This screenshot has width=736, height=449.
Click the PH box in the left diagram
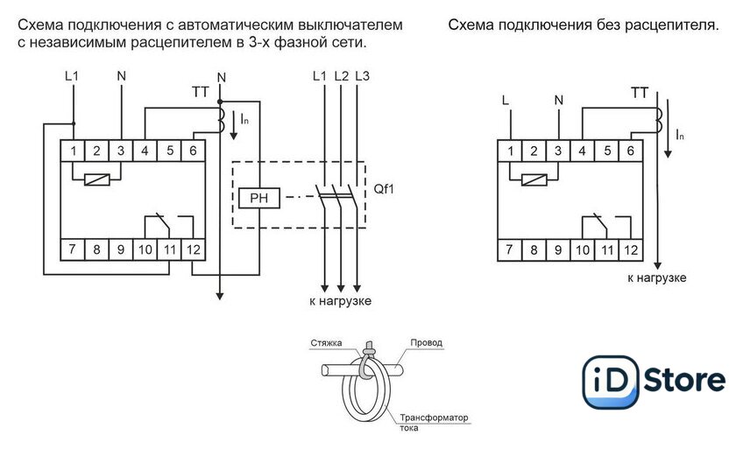[258, 197]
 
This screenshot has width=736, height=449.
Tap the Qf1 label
[384, 187]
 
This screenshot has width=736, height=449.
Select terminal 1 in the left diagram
[74, 151]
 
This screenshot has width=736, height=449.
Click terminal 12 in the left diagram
[193, 249]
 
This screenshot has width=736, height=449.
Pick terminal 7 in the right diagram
[510, 249]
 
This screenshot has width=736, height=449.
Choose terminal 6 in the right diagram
[630, 151]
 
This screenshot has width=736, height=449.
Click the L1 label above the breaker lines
[319, 77]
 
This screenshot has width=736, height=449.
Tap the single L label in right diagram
[505, 99]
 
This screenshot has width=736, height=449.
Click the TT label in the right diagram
[640, 92]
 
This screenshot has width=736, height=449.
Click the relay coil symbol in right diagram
[534, 180]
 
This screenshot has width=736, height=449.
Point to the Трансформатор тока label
[435, 422]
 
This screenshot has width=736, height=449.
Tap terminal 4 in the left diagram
[145, 151]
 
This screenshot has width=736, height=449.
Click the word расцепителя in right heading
[668, 25]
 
